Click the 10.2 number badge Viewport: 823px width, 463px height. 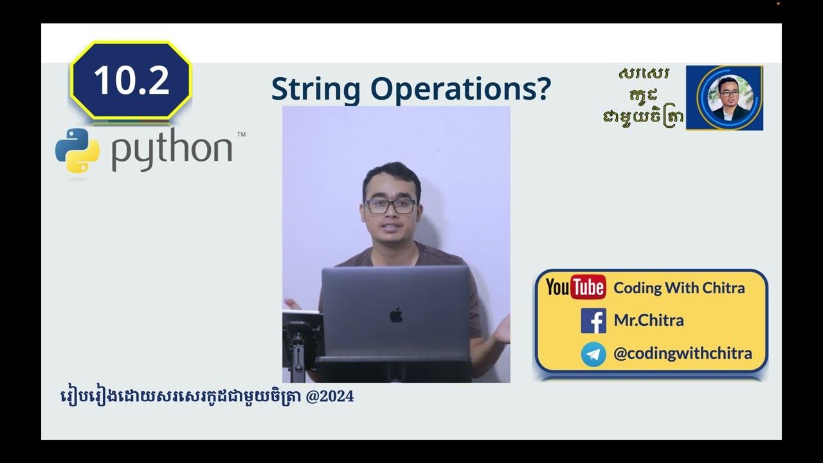[x=131, y=80]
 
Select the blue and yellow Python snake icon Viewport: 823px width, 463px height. [x=77, y=150]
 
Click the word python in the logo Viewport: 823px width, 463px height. [x=171, y=150]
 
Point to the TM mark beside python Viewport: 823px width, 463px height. [x=241, y=135]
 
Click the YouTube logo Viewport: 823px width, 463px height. [x=575, y=287]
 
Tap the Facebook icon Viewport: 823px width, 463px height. [x=593, y=320]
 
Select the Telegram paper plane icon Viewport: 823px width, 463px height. [x=593, y=354]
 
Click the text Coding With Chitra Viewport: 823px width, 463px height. [x=679, y=287]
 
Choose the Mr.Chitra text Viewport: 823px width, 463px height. [x=648, y=320]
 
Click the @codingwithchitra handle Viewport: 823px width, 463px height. [x=682, y=353]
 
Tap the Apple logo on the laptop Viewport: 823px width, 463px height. [x=396, y=315]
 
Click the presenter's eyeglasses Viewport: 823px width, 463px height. [x=390, y=206]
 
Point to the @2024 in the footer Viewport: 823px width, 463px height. [x=331, y=396]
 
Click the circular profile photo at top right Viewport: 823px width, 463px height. [x=725, y=98]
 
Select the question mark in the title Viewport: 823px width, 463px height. [x=543, y=89]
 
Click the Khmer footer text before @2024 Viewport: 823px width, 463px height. [x=180, y=396]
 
